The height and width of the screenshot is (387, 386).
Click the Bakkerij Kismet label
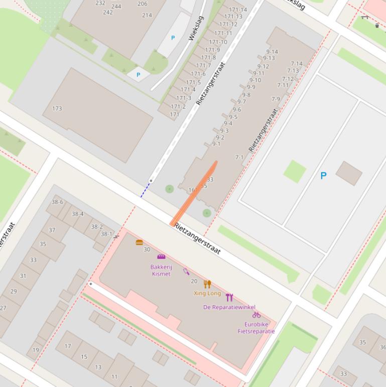point(161,270)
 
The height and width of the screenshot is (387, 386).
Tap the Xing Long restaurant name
point(207,293)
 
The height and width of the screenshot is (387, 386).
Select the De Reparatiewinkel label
point(229,307)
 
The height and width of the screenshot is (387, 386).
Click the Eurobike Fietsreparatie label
point(256,328)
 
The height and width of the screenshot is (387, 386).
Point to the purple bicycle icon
point(256,315)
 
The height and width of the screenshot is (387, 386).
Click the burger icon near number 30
point(139,242)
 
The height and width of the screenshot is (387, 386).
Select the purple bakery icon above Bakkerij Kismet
point(161,257)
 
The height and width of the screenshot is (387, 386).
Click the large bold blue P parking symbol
point(323,175)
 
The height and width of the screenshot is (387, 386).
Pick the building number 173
point(57,109)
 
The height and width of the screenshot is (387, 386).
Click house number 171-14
point(238,10)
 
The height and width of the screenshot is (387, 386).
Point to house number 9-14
point(272,52)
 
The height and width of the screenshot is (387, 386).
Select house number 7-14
point(297,64)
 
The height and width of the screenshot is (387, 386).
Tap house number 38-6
point(57,202)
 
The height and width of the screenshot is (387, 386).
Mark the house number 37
point(52,230)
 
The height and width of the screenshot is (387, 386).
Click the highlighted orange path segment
point(194,193)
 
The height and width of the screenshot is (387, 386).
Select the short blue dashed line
point(145,190)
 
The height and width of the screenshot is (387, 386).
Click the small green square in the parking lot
point(295,171)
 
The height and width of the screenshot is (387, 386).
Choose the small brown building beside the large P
point(349,173)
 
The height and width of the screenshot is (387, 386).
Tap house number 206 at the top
point(142,4)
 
